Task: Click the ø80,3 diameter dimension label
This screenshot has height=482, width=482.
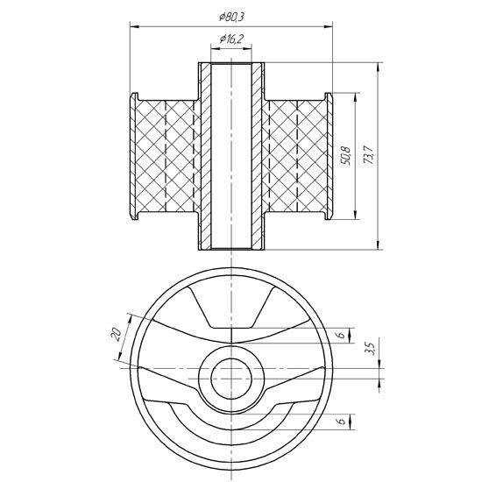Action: tap(231, 17)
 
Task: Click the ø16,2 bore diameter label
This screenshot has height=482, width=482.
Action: tap(231, 39)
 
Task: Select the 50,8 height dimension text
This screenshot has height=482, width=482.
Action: tap(346, 156)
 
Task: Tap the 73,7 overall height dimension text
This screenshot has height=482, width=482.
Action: tap(368, 155)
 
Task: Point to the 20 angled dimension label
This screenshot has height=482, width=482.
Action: tap(116, 334)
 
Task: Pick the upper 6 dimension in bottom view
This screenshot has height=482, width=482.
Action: tap(342, 335)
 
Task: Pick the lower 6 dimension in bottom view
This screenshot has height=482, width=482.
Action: tap(342, 421)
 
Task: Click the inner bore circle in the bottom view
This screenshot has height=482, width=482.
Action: tap(231, 358)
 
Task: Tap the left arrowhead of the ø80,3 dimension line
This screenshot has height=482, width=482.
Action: tap(135, 27)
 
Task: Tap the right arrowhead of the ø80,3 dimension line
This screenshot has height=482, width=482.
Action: tap(328, 27)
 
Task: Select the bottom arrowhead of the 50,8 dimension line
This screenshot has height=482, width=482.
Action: tap(356, 214)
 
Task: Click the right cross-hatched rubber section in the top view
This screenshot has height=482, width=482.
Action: tap(294, 156)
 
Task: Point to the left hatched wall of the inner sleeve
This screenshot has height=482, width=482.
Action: tap(206, 156)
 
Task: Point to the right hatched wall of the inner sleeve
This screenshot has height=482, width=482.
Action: tap(257, 156)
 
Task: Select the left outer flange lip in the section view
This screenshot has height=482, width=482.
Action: tap(133, 156)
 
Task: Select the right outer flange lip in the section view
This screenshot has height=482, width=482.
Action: tap(329, 156)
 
